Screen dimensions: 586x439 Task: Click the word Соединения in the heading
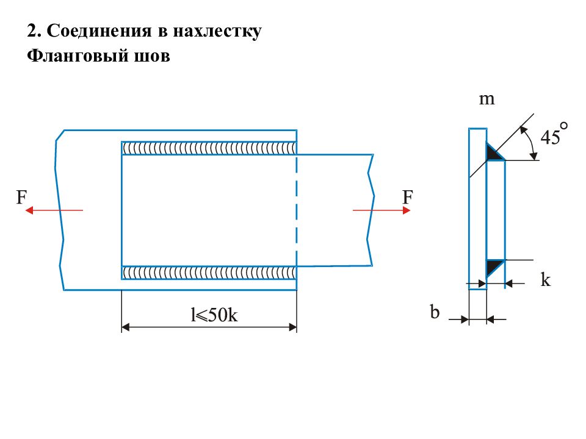(x=99, y=30)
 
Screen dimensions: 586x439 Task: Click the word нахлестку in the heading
(x=217, y=31)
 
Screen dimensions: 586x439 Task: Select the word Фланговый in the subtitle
(x=73, y=55)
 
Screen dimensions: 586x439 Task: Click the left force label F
(x=21, y=197)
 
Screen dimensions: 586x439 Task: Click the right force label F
(x=407, y=197)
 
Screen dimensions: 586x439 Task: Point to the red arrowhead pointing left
(x=29, y=210)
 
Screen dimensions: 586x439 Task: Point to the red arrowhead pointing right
(x=407, y=210)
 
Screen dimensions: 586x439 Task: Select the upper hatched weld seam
(x=209, y=148)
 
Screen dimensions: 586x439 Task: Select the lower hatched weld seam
(x=209, y=273)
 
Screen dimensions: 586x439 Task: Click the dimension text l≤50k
(x=214, y=315)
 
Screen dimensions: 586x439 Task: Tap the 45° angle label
(x=554, y=134)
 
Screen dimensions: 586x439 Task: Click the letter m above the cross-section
(x=487, y=99)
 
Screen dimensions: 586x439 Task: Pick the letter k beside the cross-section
(x=546, y=279)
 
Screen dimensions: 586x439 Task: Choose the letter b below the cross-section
(x=434, y=312)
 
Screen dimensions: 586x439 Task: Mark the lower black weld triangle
(x=493, y=266)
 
